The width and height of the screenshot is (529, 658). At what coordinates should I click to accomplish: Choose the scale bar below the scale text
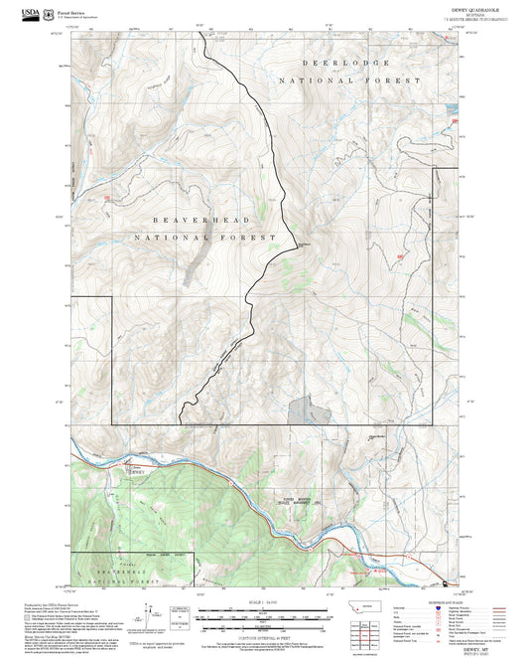pos(263,612)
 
